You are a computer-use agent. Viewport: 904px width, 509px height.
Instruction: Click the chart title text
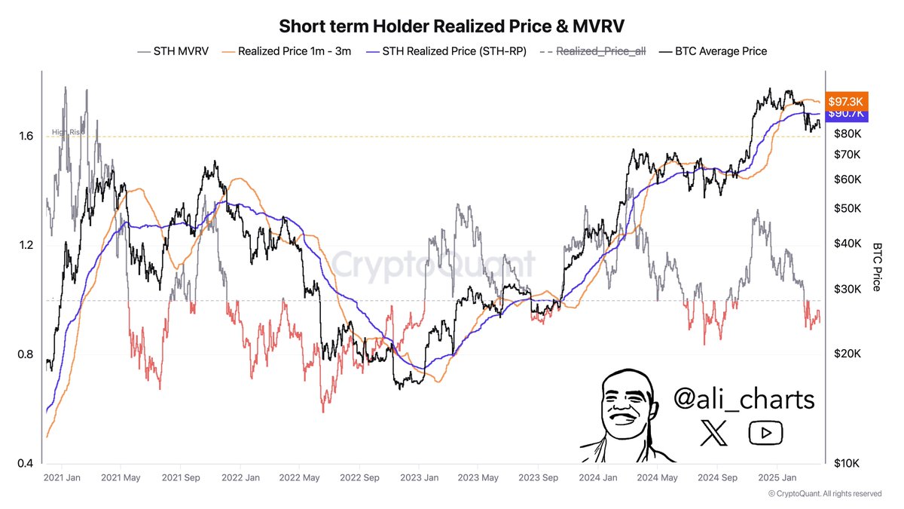pyautogui.click(x=452, y=26)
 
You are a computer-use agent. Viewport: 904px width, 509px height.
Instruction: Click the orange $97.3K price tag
pyautogui.click(x=847, y=100)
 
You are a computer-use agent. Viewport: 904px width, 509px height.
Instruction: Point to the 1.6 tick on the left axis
pyautogui.click(x=28, y=136)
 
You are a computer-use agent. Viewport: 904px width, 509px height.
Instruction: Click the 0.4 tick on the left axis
pyautogui.click(x=28, y=463)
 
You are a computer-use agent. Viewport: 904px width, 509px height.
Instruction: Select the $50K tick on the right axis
pyautogui.click(x=848, y=208)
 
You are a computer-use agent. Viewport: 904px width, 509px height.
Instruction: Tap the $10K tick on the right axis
pyautogui.click(x=848, y=463)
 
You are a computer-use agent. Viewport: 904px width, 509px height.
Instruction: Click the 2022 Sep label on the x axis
pyautogui.click(x=359, y=478)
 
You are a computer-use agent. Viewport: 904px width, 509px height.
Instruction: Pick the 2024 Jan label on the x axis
pyautogui.click(x=598, y=478)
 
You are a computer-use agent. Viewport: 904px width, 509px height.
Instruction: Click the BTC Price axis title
pyautogui.click(x=877, y=267)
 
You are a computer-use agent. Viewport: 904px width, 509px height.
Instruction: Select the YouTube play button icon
pyautogui.click(x=765, y=433)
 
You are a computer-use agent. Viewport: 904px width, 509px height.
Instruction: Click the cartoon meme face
pyautogui.click(x=628, y=415)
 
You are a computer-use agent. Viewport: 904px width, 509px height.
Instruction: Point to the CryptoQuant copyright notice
pyautogui.click(x=824, y=494)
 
